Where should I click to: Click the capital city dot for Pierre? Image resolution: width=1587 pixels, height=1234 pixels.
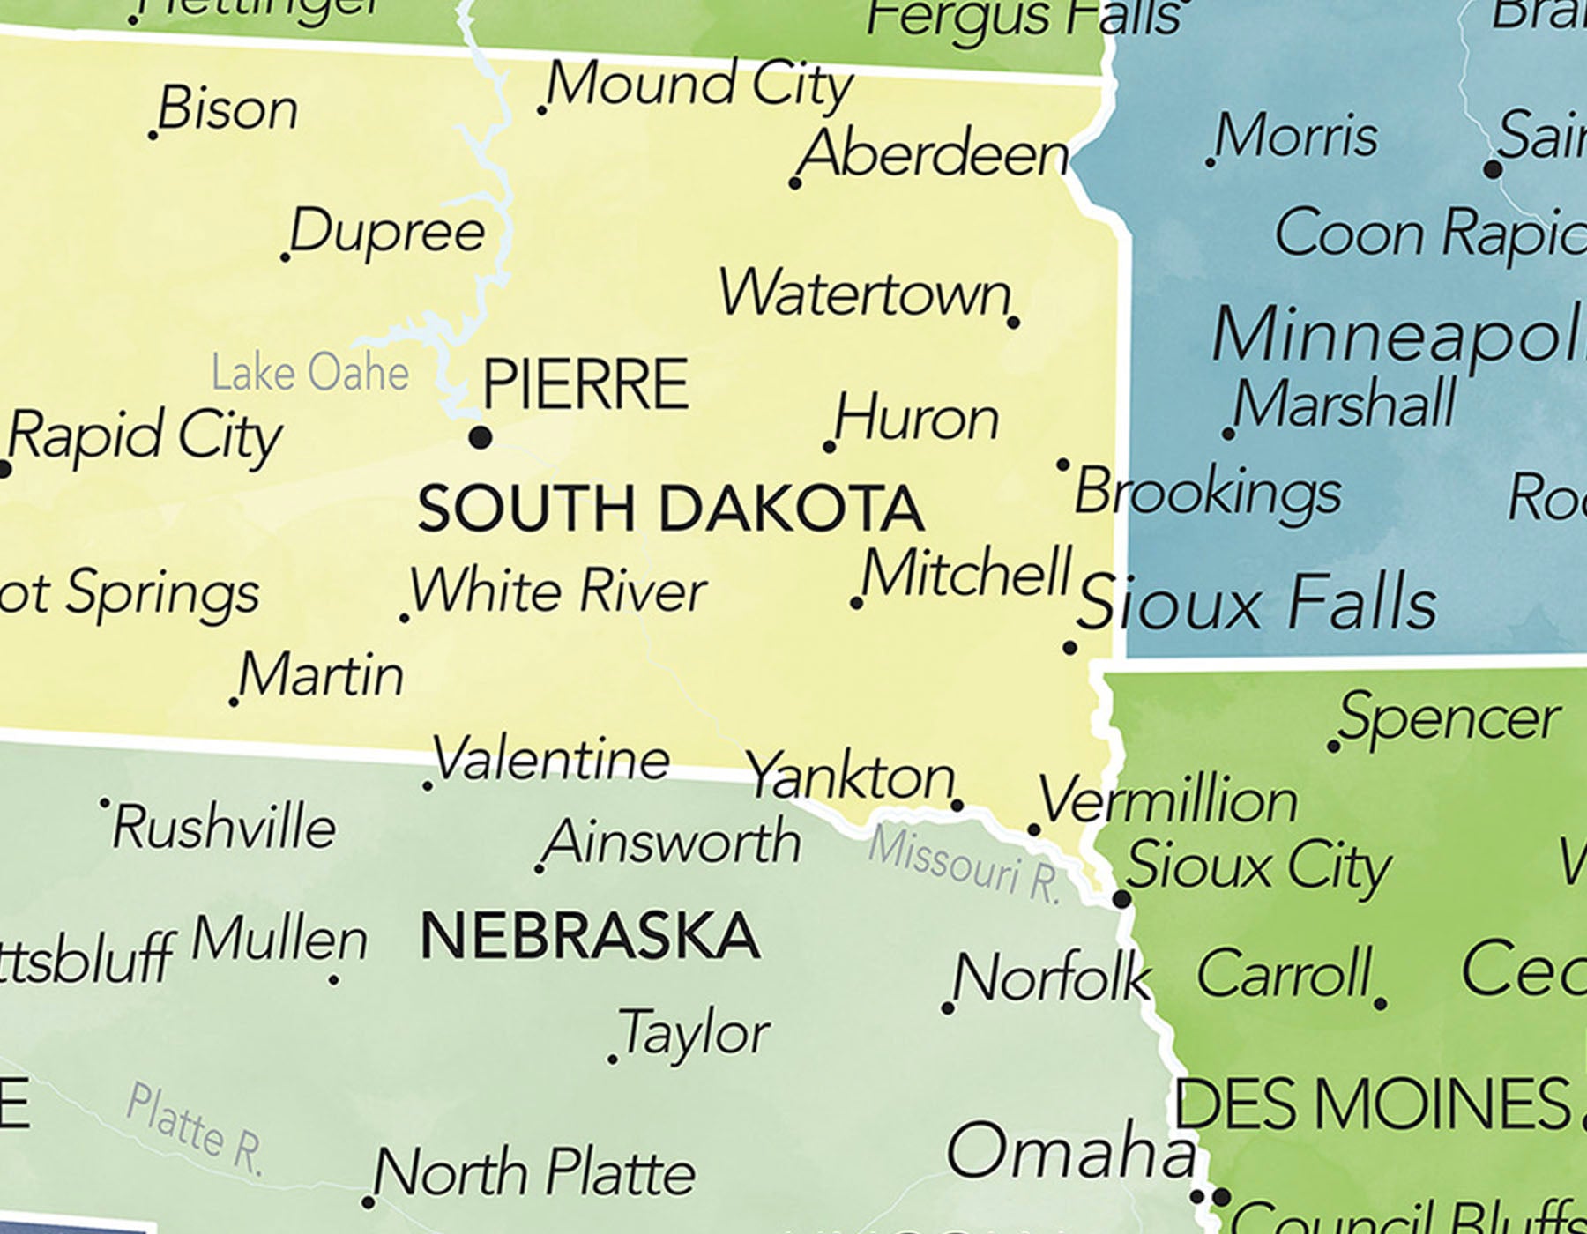click(481, 436)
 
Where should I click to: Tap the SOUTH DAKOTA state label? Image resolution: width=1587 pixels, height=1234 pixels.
click(670, 509)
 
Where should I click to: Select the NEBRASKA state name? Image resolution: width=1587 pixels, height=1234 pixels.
click(590, 936)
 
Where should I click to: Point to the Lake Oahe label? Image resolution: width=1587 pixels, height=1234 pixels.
click(310, 373)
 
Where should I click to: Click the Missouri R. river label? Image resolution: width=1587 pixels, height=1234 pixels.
click(965, 866)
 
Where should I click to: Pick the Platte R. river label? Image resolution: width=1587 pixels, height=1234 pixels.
click(194, 1130)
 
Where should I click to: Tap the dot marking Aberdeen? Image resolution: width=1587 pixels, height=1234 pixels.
click(795, 183)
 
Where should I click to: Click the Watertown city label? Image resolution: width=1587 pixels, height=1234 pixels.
click(864, 294)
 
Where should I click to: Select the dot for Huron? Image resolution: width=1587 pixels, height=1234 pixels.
click(829, 448)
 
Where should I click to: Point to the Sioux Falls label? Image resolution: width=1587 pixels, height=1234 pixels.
click(1256, 603)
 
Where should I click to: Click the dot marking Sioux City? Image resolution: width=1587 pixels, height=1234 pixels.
click(1121, 900)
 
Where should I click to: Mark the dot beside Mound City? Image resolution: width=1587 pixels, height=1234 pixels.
click(541, 110)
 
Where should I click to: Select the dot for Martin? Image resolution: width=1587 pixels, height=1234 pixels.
click(234, 702)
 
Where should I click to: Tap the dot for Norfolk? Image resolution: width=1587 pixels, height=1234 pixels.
click(948, 1007)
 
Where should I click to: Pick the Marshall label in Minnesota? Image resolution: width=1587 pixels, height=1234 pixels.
click(1345, 404)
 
